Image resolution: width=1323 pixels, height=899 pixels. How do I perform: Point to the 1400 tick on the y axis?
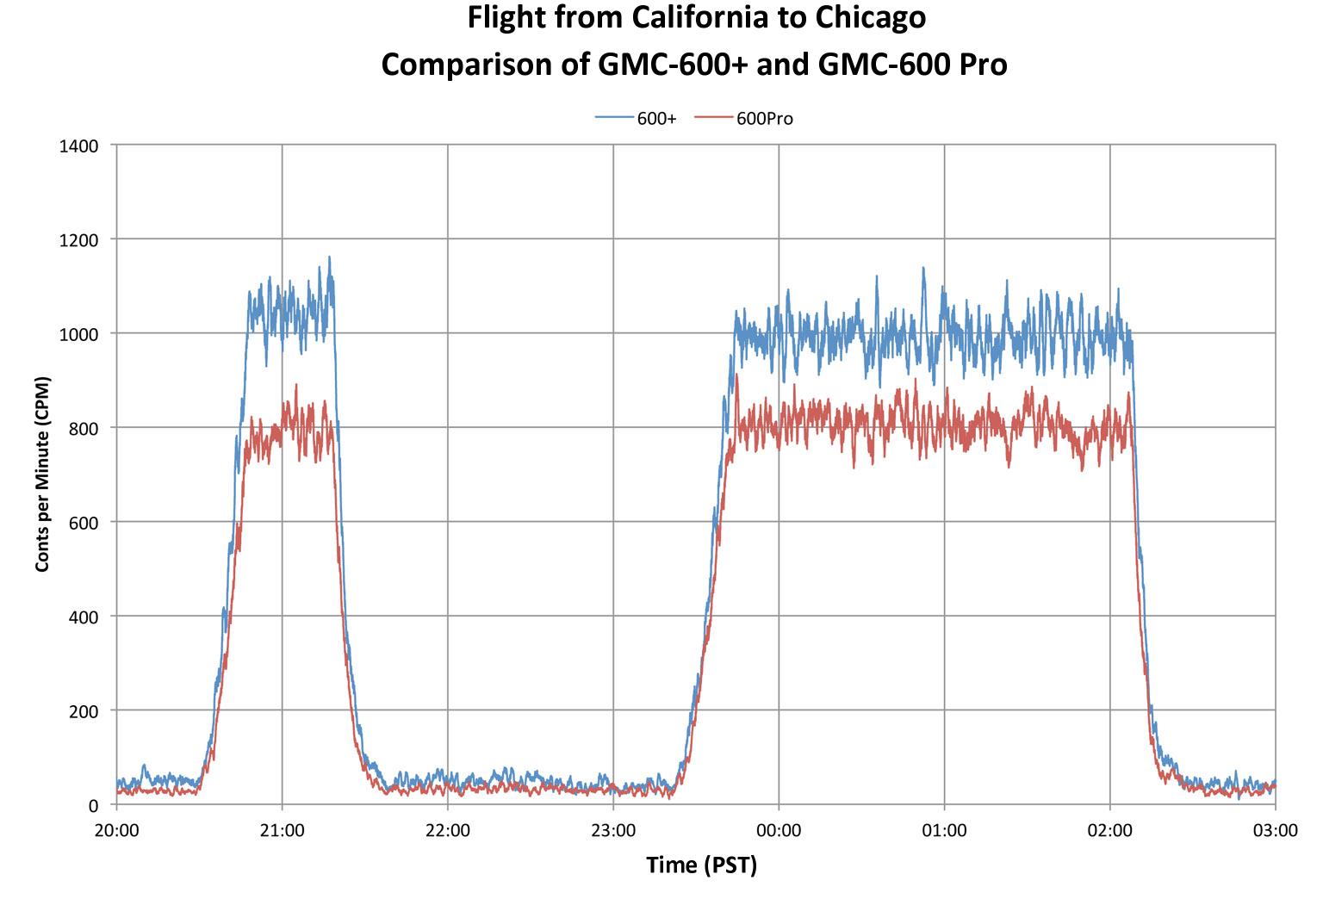78,146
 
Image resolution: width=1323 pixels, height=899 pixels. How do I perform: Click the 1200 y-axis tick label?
78,239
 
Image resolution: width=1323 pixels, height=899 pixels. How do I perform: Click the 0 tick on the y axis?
93,805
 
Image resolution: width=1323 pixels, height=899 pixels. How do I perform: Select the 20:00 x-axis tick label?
116,831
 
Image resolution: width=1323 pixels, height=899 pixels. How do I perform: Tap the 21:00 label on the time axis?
282,831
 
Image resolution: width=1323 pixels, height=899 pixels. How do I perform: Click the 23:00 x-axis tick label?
613,831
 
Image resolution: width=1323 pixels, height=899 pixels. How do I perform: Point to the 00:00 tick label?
779,831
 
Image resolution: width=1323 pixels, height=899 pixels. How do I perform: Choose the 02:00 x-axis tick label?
1109,831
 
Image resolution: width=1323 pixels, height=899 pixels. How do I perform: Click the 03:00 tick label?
1275,831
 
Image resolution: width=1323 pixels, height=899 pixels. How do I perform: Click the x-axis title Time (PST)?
701,865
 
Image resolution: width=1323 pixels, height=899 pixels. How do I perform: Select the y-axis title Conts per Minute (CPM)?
41,474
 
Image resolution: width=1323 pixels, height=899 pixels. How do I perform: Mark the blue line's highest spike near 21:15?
329,257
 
